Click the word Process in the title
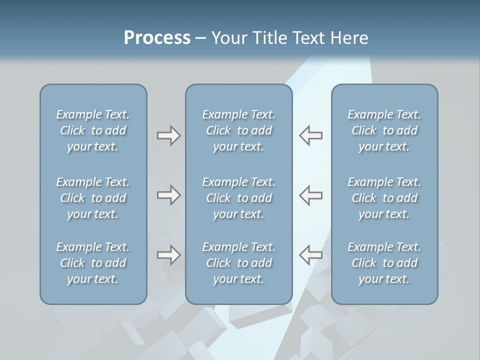(157, 37)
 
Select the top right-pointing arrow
(168, 135)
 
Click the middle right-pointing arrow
(168, 195)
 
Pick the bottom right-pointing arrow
(168, 255)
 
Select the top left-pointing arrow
(310, 135)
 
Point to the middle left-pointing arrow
(310, 195)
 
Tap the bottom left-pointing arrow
(310, 255)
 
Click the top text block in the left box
(93, 130)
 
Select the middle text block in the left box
(93, 198)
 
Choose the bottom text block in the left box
(93, 263)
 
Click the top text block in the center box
(238, 130)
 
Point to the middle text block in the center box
(238, 198)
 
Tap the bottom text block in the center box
(238, 263)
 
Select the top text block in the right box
(384, 130)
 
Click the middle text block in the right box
(384, 198)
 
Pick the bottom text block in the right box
(384, 263)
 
